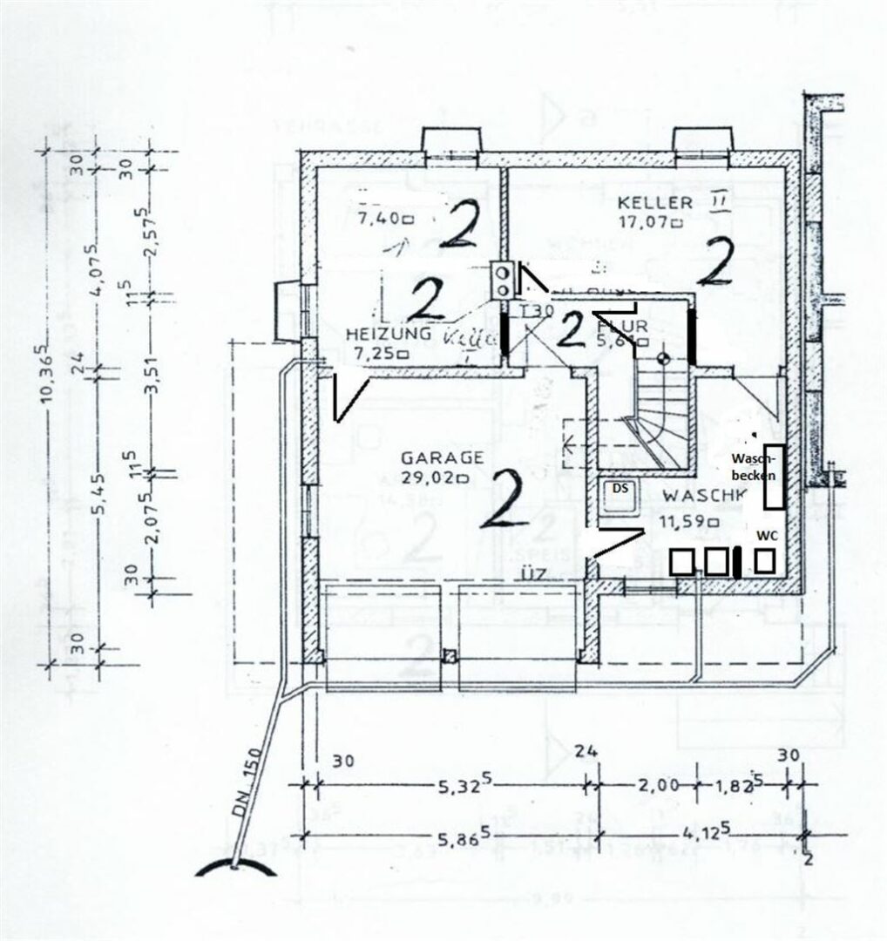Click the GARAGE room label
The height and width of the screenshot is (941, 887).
pyautogui.click(x=442, y=458)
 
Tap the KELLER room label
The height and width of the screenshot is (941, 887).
pyautogui.click(x=655, y=203)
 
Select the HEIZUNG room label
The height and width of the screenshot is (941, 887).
pyautogui.click(x=388, y=335)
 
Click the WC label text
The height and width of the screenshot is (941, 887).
pyautogui.click(x=767, y=534)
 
